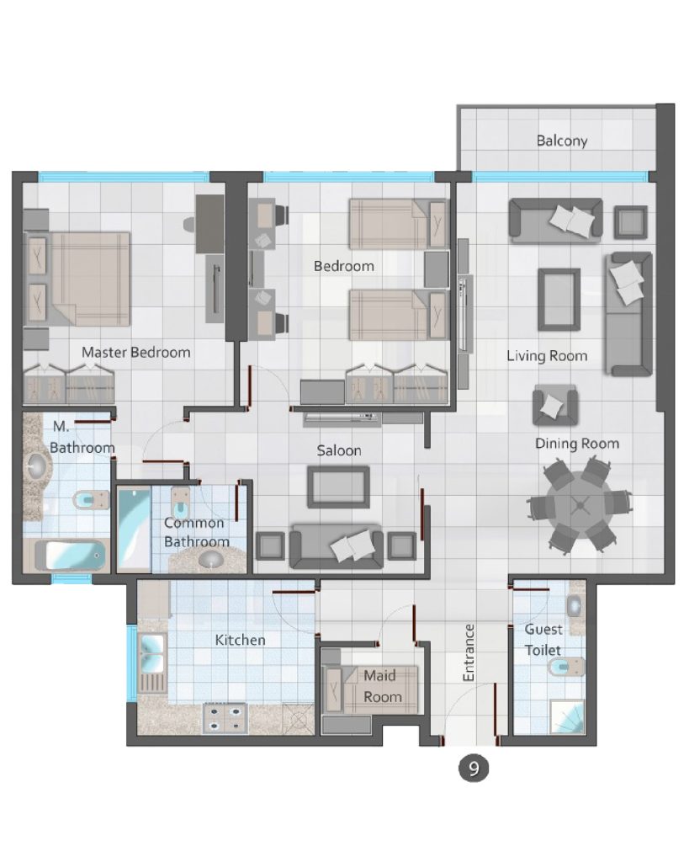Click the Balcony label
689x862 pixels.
click(x=561, y=141)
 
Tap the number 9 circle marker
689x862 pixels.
click(x=473, y=768)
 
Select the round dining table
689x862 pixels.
click(x=580, y=505)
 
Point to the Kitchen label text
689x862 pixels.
click(x=240, y=640)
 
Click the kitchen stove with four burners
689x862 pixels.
click(x=225, y=719)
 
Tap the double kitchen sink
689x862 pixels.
click(x=152, y=653)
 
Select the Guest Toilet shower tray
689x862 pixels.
click(x=567, y=716)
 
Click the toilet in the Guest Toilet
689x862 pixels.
click(x=566, y=668)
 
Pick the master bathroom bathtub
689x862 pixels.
click(x=71, y=556)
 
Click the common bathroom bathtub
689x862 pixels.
click(x=134, y=529)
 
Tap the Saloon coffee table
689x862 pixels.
click(x=338, y=487)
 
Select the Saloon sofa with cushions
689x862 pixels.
click(x=337, y=545)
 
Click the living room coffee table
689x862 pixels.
click(x=559, y=300)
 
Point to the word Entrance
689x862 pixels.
click(x=468, y=652)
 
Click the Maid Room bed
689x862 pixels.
click(x=369, y=690)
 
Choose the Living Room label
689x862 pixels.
click(x=547, y=356)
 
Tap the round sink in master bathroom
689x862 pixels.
click(x=37, y=466)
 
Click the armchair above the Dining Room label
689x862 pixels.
click(x=555, y=406)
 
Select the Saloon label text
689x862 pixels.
click(x=339, y=451)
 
